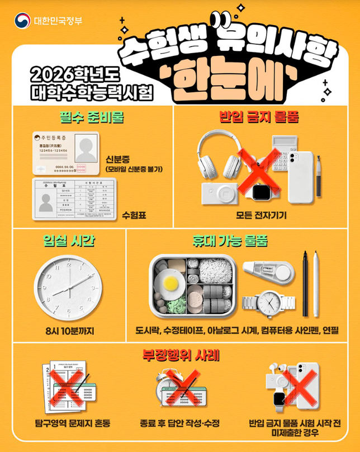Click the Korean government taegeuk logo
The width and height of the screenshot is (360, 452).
click(x=23, y=21)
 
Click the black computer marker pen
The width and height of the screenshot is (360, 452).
click(x=305, y=282)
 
